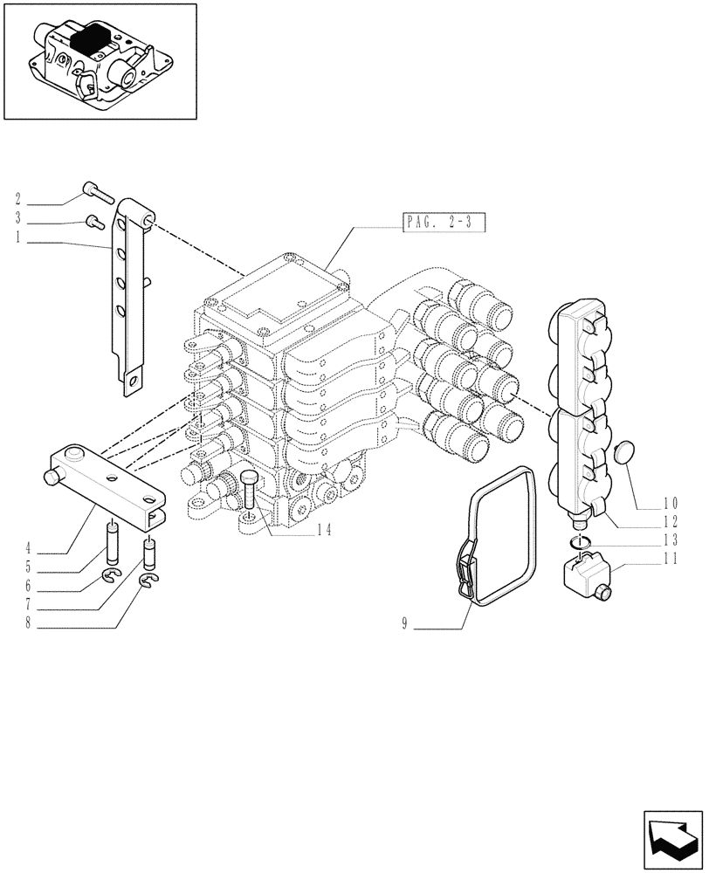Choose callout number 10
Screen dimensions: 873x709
click(x=670, y=503)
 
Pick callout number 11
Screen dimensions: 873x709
click(x=670, y=560)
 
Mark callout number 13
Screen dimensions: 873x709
click(x=670, y=540)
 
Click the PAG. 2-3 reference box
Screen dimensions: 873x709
click(x=444, y=223)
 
